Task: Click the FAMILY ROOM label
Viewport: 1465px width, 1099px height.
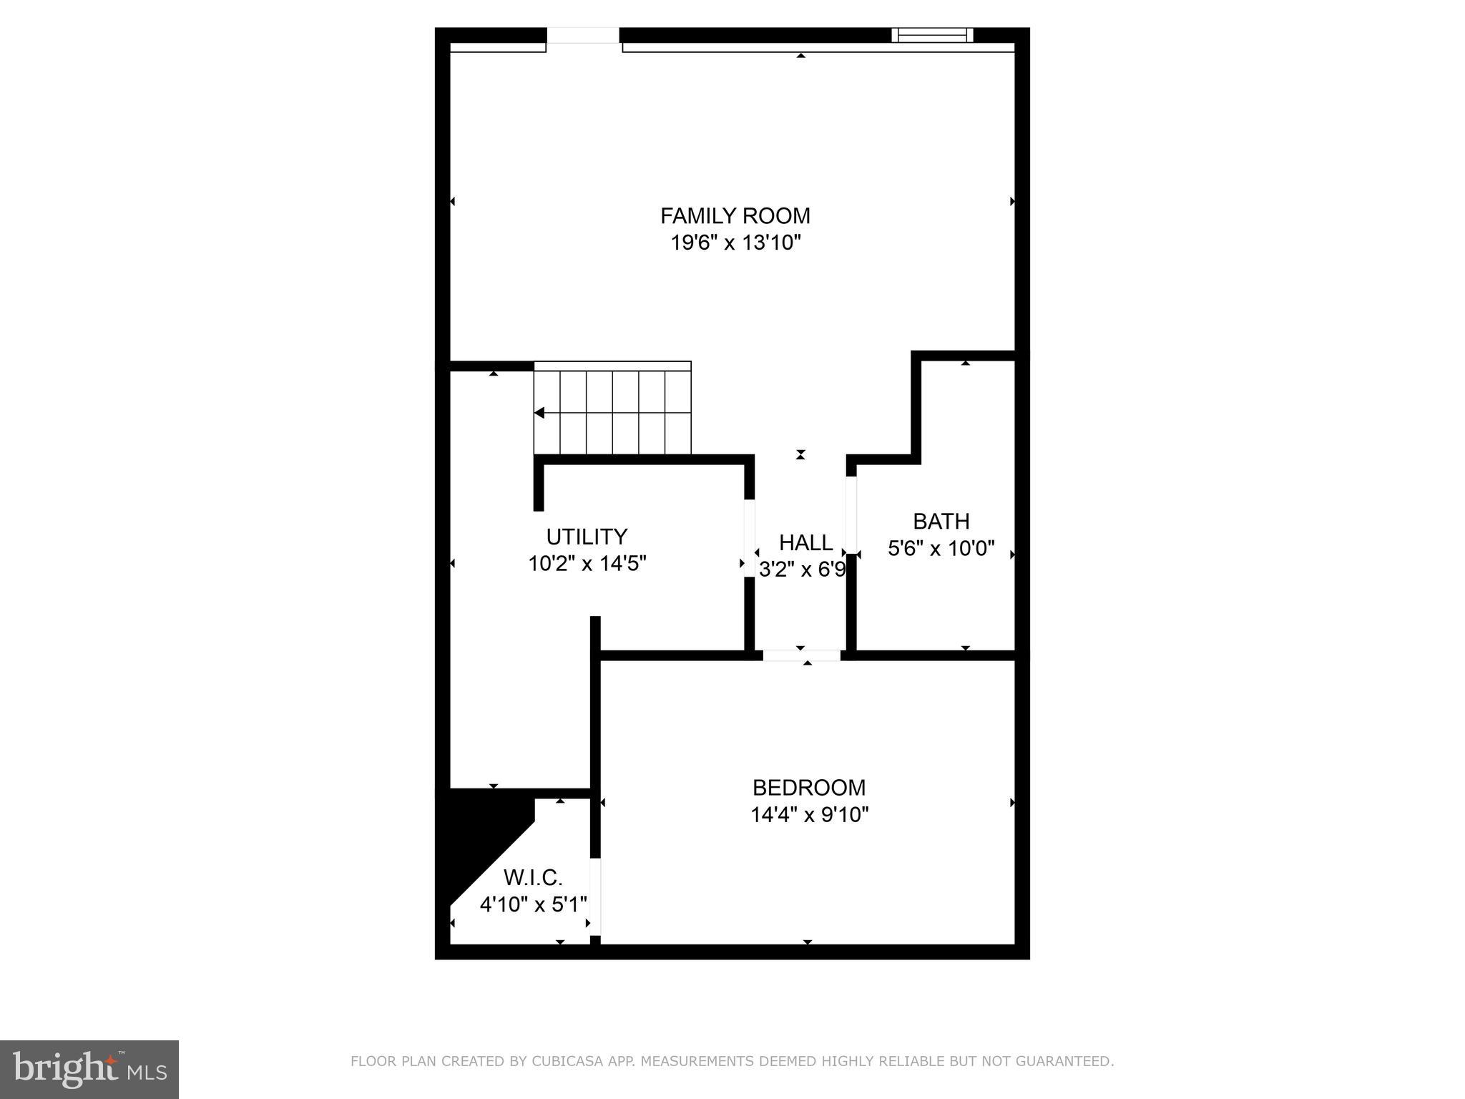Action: [x=735, y=215]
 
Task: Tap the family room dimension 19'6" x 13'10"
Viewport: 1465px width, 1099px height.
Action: [x=735, y=243]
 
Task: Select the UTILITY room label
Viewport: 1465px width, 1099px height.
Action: [x=587, y=537]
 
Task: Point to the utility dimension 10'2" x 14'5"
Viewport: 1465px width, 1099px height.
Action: [x=587, y=564]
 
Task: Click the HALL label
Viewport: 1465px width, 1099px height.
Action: [x=805, y=542]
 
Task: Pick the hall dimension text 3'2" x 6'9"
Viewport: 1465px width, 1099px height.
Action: [x=802, y=570]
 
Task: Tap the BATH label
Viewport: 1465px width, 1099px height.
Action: [x=941, y=521]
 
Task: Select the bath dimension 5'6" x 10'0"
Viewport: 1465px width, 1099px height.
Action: [x=941, y=549]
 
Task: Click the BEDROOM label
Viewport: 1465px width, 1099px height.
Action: [x=808, y=787]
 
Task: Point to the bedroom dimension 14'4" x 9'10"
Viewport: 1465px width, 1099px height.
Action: [x=808, y=815]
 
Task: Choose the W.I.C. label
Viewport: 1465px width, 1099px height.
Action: [x=533, y=877]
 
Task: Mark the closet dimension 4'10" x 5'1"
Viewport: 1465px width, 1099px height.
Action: [x=533, y=904]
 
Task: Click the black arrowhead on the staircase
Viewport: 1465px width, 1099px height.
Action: [x=539, y=413]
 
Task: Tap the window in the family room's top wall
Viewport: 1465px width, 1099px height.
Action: [x=932, y=35]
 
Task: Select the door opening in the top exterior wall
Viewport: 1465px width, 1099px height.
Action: [x=583, y=36]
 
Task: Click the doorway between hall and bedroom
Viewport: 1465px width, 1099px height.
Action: [x=801, y=655]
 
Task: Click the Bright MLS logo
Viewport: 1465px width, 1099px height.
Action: [x=89, y=1070]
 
